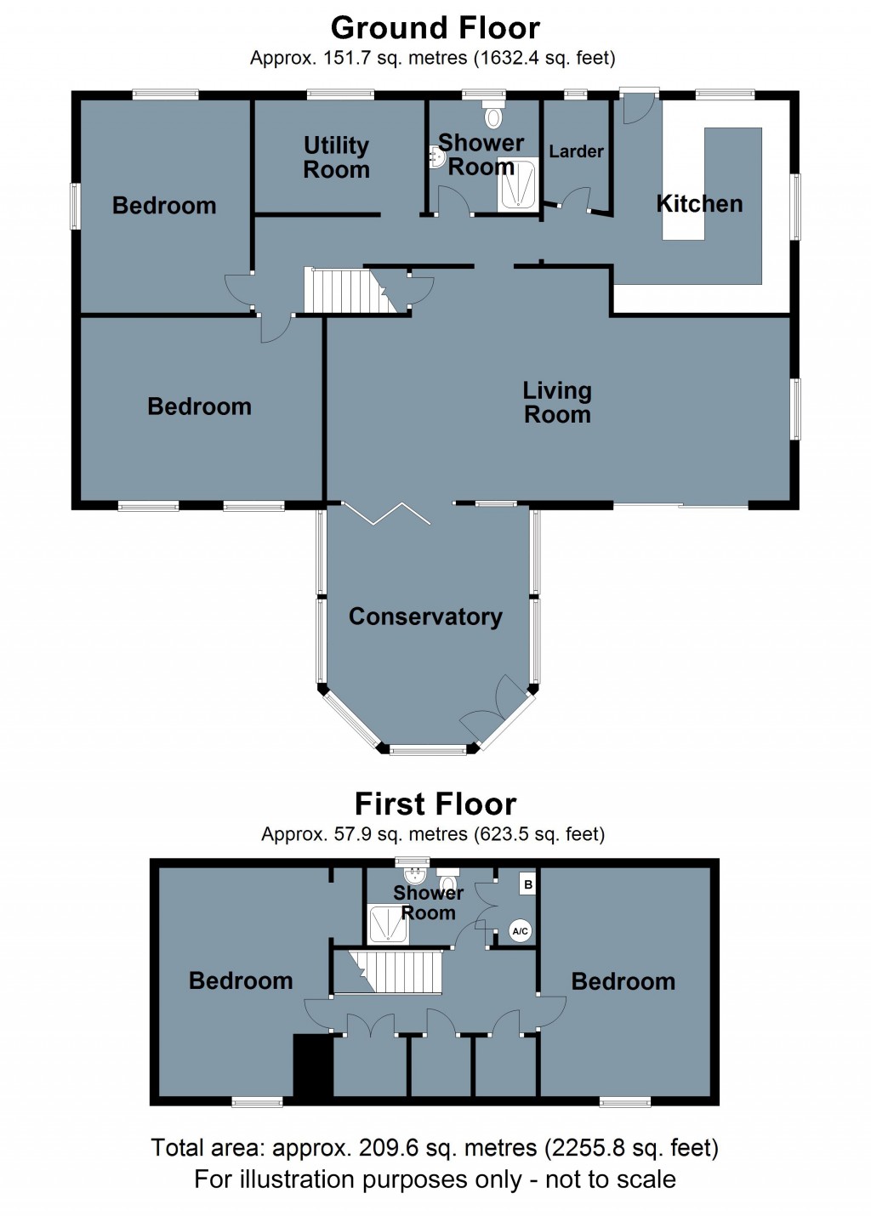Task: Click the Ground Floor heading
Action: click(435, 28)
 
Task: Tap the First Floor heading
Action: click(435, 804)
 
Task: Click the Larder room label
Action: click(576, 151)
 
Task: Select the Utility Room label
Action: click(336, 157)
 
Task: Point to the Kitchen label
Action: click(699, 204)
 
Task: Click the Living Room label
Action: click(557, 402)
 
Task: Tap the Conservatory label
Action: click(425, 617)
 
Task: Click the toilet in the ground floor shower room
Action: click(492, 115)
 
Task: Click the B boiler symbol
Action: click(528, 884)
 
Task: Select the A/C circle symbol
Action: click(520, 931)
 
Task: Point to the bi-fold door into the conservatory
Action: click(387, 514)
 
